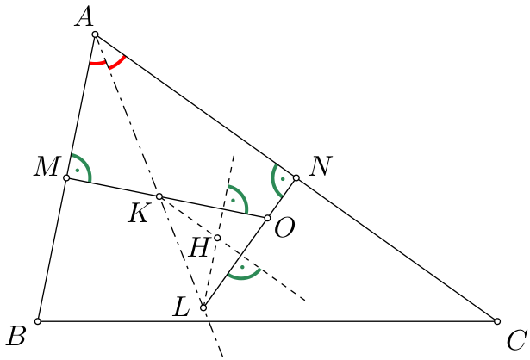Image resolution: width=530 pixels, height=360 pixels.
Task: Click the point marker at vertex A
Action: [x=96, y=34]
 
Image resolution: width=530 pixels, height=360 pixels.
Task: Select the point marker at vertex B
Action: [x=38, y=321]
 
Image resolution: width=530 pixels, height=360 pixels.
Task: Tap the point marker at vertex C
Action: [x=497, y=321]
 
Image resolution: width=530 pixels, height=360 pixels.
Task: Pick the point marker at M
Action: [x=66, y=178]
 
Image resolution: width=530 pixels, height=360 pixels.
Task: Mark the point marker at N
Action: [x=296, y=178]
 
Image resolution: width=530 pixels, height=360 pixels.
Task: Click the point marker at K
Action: [x=159, y=196]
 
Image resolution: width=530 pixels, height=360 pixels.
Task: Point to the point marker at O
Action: [x=267, y=218]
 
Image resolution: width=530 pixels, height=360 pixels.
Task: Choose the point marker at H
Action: [x=217, y=238]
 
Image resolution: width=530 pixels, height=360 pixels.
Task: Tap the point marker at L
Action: [x=203, y=307]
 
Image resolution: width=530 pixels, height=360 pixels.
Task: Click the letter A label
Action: [x=84, y=17]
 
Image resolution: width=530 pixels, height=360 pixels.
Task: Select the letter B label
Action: [x=16, y=336]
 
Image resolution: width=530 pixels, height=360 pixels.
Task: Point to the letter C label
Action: [x=516, y=340]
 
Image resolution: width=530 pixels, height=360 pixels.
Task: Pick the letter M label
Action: [x=47, y=166]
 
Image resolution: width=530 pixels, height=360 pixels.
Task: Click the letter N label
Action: [x=321, y=166]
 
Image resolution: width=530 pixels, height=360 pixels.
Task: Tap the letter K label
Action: [x=138, y=214]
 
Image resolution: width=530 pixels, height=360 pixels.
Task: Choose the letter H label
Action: [x=199, y=247]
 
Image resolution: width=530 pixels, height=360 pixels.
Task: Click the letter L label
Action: [x=181, y=307]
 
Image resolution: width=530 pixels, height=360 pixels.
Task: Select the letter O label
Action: [x=284, y=228]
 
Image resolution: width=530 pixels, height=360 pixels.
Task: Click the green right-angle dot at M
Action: [x=78, y=171]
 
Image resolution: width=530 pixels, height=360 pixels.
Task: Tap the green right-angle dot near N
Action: [x=283, y=179]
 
